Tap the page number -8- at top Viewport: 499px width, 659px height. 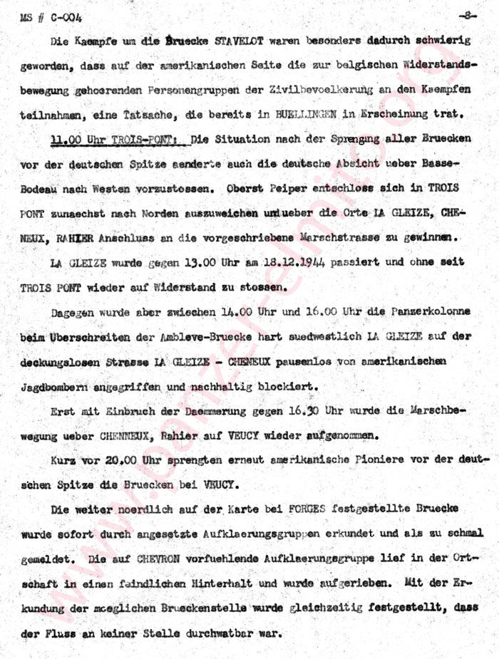tap(466, 15)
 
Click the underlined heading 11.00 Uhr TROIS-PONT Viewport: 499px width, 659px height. tap(113, 138)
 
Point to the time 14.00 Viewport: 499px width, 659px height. tap(245, 312)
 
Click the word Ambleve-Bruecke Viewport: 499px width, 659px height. tap(200, 336)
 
